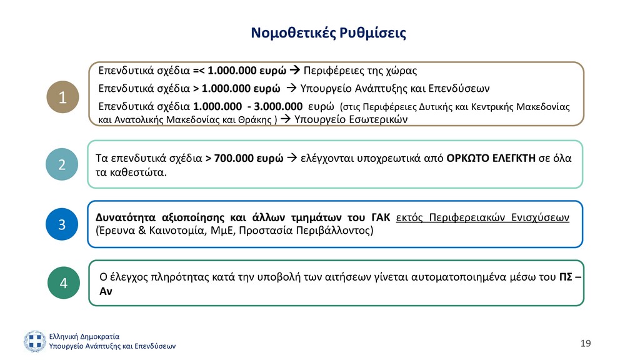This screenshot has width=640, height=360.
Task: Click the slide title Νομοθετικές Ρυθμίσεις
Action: tap(328, 32)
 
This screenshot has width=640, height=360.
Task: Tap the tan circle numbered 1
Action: tap(62, 97)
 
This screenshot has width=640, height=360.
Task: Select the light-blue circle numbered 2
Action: tap(62, 165)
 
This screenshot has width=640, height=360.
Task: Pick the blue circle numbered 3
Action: tap(62, 224)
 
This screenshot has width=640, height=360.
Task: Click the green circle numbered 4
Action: tap(63, 283)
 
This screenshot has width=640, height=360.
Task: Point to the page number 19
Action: tap(585, 343)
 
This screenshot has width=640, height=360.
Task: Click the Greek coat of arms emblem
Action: tap(35, 341)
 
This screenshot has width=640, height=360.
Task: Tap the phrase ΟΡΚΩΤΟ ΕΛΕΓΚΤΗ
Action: tap(491, 158)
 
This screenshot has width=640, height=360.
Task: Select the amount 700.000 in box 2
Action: tap(234, 158)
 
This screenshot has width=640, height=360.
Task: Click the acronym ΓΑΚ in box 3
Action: tap(379, 217)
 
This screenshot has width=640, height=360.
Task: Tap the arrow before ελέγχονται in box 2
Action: tap(292, 158)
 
